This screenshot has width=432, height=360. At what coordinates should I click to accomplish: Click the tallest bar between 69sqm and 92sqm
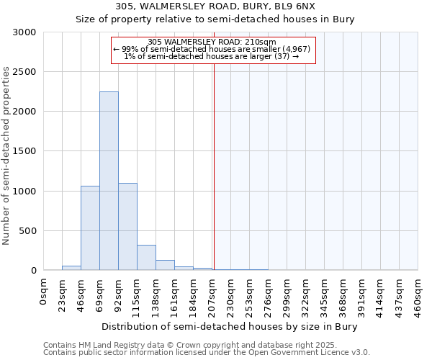tap(109, 181)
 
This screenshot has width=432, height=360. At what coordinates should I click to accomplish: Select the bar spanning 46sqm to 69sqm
tap(90, 228)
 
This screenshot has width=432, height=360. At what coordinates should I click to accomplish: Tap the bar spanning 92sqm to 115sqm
tap(127, 227)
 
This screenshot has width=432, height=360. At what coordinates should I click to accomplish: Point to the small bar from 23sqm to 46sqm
tap(71, 268)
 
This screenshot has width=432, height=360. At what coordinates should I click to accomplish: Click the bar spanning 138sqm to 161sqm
tap(165, 265)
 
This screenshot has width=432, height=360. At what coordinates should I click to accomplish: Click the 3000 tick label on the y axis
tap(24, 32)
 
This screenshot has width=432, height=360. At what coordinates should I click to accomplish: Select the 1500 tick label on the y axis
tap(24, 151)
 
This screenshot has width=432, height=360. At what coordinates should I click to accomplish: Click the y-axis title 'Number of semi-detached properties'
tap(7, 156)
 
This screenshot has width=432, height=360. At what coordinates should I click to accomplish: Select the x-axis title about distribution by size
tap(230, 326)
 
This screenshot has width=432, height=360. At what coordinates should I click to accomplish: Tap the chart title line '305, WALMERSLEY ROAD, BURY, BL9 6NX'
tap(215, 6)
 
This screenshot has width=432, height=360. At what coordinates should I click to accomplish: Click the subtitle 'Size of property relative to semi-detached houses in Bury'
tap(215, 19)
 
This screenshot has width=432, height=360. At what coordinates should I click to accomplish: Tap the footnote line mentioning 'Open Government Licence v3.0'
tap(207, 353)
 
